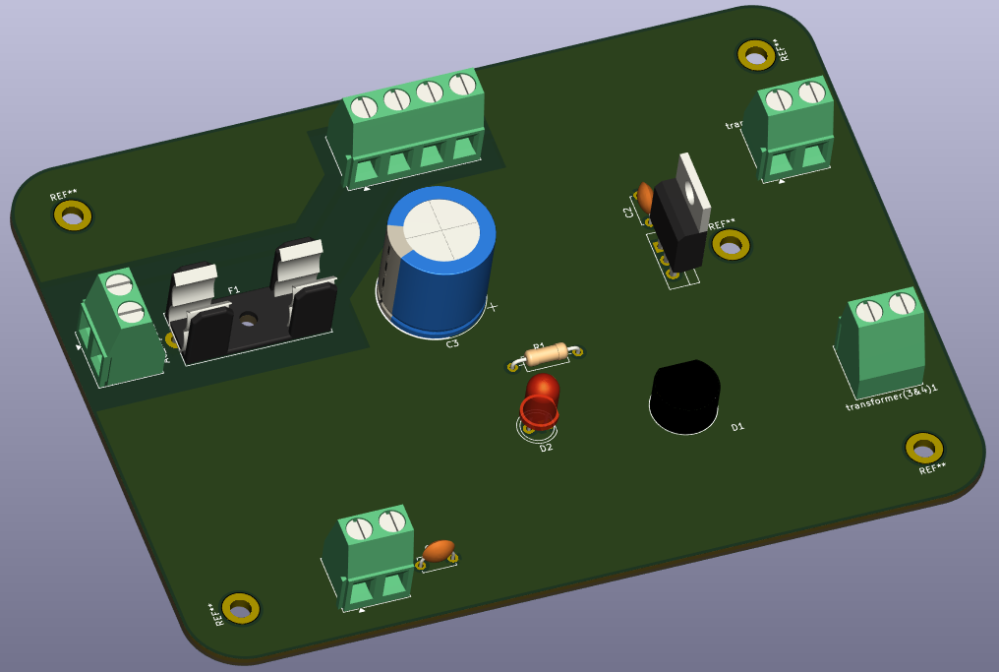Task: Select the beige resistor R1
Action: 545,355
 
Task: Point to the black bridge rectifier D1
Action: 685,396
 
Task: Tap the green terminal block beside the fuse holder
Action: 120,328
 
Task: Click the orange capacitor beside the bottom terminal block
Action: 439,550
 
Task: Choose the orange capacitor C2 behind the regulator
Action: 645,196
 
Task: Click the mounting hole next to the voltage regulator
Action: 731,244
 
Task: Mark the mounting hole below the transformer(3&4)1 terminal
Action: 923,448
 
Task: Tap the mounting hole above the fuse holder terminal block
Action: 73,214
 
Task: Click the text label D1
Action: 737,427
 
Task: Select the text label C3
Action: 452,343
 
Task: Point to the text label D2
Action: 546,448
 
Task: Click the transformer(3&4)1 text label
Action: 891,397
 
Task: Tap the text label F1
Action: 234,290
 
